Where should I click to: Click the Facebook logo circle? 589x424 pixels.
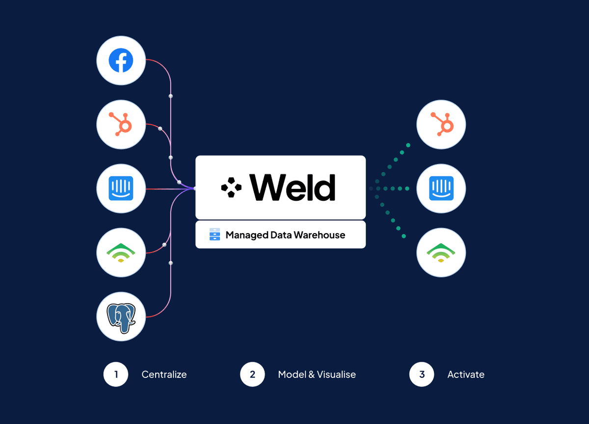121,62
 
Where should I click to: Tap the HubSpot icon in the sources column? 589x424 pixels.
121,125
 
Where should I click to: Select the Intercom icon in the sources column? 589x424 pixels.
121,188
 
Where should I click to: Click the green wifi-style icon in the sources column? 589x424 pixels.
121,252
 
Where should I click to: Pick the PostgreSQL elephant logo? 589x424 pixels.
121,316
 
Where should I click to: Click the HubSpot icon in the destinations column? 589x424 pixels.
441,125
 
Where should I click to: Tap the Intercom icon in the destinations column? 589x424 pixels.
441,188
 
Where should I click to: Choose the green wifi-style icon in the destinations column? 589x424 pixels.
441,252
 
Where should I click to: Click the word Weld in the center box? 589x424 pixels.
293,187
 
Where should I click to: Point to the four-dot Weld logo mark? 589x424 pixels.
231,187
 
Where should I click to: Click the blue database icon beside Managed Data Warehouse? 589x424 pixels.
214,235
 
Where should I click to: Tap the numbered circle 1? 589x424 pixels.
116,374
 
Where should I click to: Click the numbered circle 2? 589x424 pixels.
252,374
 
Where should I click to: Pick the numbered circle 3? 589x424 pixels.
422,374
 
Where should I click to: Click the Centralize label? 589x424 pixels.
164,374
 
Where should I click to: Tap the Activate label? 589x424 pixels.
466,374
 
